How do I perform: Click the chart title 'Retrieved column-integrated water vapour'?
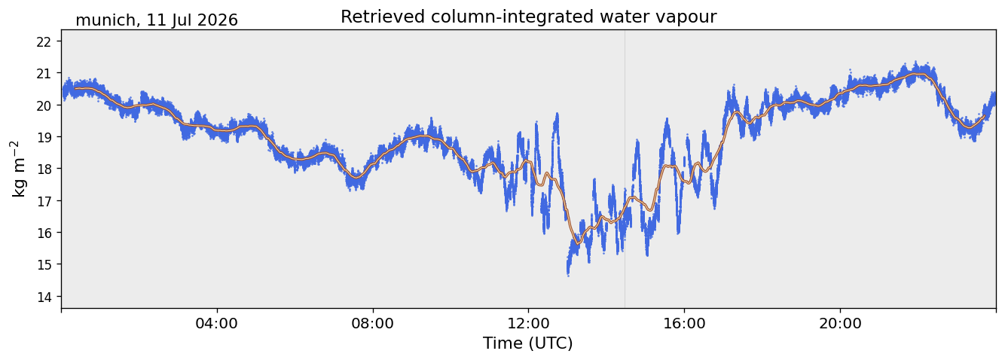pyautogui.click(x=529, y=17)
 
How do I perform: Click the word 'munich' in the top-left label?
pyautogui.click(x=105, y=20)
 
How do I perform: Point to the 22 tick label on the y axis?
pyautogui.click(x=43, y=41)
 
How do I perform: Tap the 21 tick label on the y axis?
pyautogui.click(x=43, y=74)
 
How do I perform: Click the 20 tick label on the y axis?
pyautogui.click(x=43, y=105)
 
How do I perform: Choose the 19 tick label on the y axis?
pyautogui.click(x=43, y=137)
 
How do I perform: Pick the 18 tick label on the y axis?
pyautogui.click(x=43, y=169)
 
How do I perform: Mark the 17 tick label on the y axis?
pyautogui.click(x=43, y=201)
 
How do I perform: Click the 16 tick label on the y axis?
pyautogui.click(x=43, y=233)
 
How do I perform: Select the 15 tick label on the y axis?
pyautogui.click(x=43, y=264)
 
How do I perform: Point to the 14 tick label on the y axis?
pyautogui.click(x=43, y=297)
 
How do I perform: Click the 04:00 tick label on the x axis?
pyautogui.click(x=217, y=323)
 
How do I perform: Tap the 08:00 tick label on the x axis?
pyautogui.click(x=372, y=323)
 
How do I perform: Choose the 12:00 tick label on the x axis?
pyautogui.click(x=528, y=323)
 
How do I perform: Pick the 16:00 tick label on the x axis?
pyautogui.click(x=684, y=323)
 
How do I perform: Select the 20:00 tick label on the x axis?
pyautogui.click(x=840, y=323)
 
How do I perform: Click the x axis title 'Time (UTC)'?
pyautogui.click(x=528, y=343)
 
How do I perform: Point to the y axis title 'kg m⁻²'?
pyautogui.click(x=19, y=169)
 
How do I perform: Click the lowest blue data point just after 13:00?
pyautogui.click(x=569, y=275)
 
